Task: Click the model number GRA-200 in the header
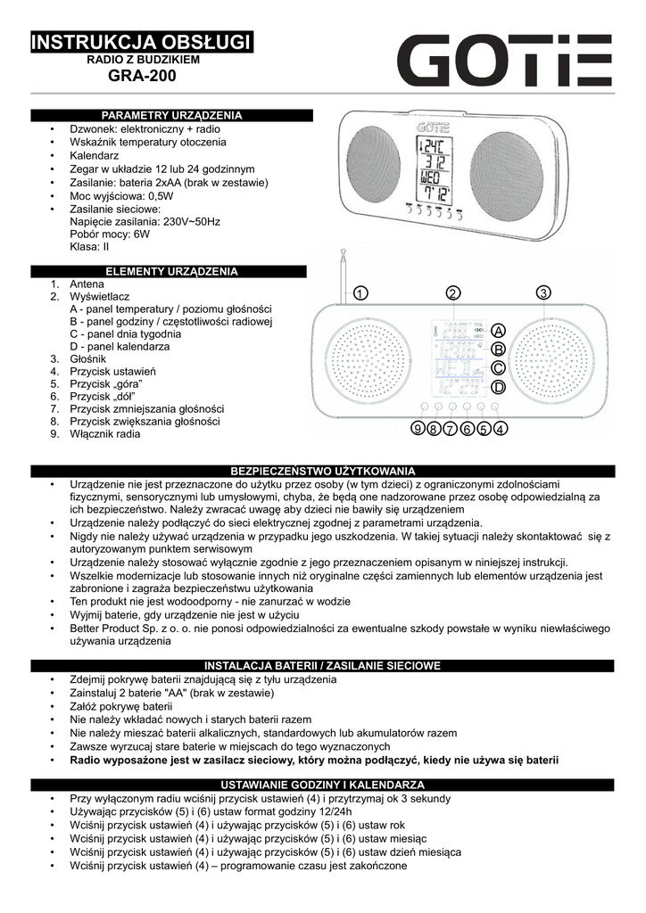[142, 77]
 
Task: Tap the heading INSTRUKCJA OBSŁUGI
[142, 42]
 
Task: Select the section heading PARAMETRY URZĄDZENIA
[172, 116]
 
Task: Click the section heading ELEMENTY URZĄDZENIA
[172, 271]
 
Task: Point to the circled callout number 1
[360, 293]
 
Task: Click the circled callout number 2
[453, 293]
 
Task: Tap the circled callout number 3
[543, 293]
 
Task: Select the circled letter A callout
[498, 330]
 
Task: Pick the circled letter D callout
[498, 387]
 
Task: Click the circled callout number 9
[418, 430]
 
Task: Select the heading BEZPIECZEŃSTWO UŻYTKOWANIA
[323, 470]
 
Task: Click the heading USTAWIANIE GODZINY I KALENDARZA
[323, 785]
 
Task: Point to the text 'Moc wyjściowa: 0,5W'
[121, 195]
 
